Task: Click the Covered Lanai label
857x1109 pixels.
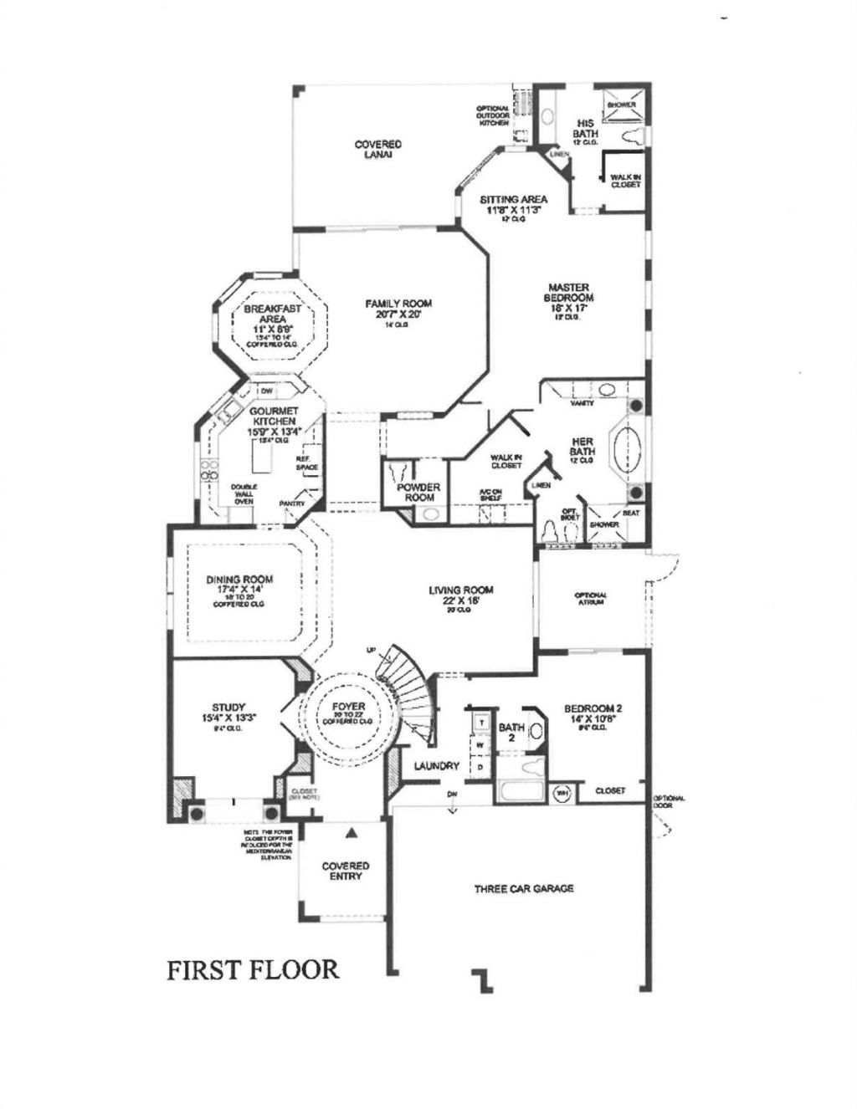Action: pyautogui.click(x=377, y=150)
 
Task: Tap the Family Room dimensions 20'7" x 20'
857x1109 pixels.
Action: pyautogui.click(x=398, y=314)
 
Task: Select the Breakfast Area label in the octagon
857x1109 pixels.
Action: pyautogui.click(x=272, y=314)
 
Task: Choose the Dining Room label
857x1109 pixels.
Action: pyautogui.click(x=239, y=579)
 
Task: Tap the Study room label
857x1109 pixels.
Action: pyautogui.click(x=228, y=707)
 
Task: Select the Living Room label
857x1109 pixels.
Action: pyautogui.click(x=461, y=590)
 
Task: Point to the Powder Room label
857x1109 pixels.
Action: pyautogui.click(x=418, y=492)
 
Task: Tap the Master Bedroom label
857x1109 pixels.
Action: pyautogui.click(x=569, y=292)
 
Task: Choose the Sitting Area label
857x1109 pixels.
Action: pyautogui.click(x=513, y=199)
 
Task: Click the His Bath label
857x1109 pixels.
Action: pyautogui.click(x=585, y=128)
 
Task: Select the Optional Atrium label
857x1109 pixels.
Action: pyautogui.click(x=590, y=598)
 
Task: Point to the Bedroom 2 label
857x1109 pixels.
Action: pyautogui.click(x=592, y=707)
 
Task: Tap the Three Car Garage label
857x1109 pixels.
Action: pyautogui.click(x=524, y=888)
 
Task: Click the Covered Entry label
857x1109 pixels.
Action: pyautogui.click(x=346, y=871)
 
